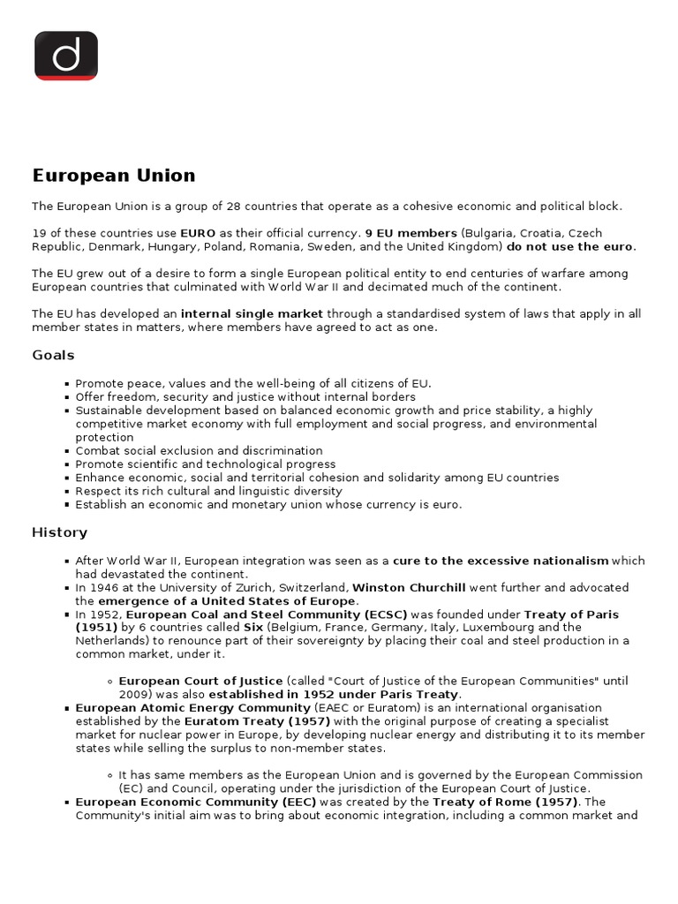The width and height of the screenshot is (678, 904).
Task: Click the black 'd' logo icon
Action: (x=66, y=56)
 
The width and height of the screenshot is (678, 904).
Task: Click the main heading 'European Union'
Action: (x=114, y=175)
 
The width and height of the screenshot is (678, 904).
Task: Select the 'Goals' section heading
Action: (x=53, y=355)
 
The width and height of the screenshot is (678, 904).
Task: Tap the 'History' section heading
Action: (x=59, y=532)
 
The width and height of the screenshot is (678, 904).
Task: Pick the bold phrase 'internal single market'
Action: (x=252, y=313)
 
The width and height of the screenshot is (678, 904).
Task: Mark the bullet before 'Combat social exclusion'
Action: (x=67, y=451)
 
